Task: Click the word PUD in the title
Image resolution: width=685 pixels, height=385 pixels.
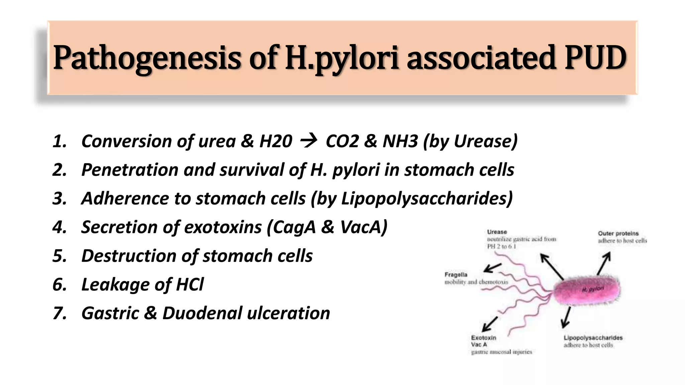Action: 596,57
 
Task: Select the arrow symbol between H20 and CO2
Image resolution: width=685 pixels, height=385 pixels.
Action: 308,141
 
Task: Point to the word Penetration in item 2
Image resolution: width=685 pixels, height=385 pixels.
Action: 130,170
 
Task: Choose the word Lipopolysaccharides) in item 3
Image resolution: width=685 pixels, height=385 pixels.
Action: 427,199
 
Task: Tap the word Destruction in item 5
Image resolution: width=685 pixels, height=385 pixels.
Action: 129,256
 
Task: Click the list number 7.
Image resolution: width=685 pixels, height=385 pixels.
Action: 59,313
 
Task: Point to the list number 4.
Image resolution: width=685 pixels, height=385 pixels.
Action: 59,227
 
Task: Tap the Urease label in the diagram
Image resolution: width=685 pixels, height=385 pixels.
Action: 497,232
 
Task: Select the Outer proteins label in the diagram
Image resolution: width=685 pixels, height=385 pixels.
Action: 618,233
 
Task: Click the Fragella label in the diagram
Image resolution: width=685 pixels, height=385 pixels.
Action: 456,275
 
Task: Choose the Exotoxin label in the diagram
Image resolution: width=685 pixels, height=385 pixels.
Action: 484,338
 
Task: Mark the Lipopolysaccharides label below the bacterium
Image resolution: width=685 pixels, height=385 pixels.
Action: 593,338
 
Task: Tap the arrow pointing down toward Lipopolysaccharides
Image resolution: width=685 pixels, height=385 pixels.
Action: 567,317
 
